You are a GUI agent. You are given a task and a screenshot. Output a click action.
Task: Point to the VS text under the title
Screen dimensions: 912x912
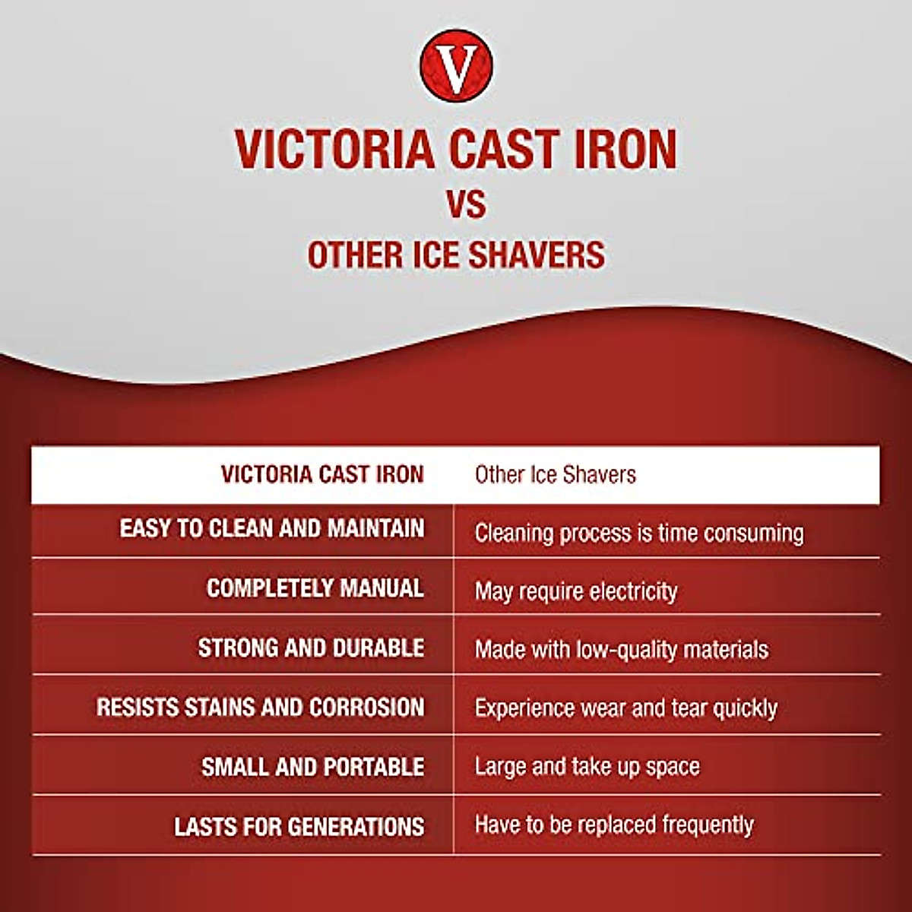(465, 204)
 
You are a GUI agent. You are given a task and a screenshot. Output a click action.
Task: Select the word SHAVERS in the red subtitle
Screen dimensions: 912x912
(536, 255)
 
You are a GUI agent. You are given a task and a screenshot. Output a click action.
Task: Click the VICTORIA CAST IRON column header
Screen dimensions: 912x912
(322, 474)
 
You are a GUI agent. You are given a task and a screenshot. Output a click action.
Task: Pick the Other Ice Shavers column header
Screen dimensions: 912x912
(555, 475)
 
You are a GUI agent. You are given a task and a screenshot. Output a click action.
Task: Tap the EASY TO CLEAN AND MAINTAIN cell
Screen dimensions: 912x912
(272, 528)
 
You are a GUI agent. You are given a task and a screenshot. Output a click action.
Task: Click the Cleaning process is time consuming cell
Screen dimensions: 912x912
(638, 533)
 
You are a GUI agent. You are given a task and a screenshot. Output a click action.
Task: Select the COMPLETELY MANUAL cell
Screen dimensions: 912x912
(315, 588)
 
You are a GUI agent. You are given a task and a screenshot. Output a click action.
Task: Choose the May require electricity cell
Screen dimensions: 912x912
(575, 591)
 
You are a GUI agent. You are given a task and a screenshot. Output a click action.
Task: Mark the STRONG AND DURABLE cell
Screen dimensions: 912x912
(311, 648)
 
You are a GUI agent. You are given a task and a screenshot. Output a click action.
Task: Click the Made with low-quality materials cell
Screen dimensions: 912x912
(621, 650)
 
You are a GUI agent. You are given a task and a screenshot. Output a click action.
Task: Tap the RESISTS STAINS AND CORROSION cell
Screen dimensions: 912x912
(260, 708)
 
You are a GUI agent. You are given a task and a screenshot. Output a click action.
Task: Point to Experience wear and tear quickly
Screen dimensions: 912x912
(625, 708)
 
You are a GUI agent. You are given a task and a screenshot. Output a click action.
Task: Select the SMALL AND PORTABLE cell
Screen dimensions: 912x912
(312, 767)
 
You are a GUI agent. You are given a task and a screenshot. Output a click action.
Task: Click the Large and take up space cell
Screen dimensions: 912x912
(587, 767)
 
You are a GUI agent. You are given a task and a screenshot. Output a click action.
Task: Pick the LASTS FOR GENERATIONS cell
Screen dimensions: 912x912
(299, 827)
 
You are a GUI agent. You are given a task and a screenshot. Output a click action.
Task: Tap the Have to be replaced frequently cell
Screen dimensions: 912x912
(614, 825)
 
